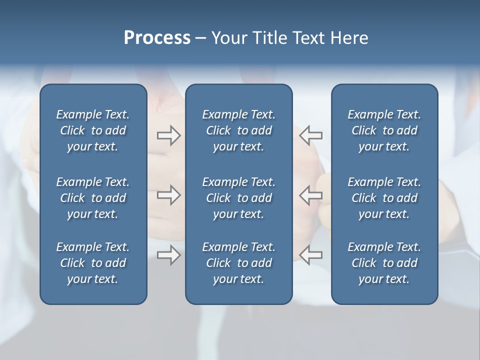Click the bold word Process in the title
pos(157,38)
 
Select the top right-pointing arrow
pos(168,135)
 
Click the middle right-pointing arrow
pos(168,195)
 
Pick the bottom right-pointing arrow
pos(168,255)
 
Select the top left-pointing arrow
pos(310,135)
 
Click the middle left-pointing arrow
pos(310,195)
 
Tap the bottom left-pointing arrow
pos(310,255)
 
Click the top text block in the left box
pos(93,130)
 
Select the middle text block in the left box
pos(93,198)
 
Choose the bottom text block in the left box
pos(93,263)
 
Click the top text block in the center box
pos(238,130)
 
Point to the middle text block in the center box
pos(238,198)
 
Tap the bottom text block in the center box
pos(238,263)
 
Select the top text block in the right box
pos(384,130)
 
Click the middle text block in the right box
pos(384,198)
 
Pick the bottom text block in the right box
pos(384,263)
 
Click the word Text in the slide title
pos(308,38)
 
